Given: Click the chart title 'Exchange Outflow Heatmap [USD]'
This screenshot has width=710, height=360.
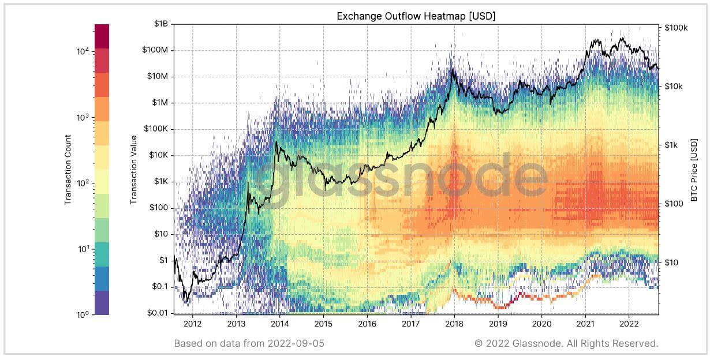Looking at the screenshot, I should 416,16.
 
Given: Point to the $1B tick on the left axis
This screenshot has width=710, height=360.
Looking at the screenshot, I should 160,24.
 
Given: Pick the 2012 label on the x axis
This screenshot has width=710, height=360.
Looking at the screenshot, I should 192,325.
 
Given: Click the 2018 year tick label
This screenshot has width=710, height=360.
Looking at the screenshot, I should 454,325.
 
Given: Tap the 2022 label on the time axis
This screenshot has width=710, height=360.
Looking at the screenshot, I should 630,325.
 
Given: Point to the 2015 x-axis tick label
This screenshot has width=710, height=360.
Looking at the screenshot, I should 323,325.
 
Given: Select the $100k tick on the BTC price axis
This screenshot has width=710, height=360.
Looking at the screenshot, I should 677,28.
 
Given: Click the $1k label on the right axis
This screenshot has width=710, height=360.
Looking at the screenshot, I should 672,145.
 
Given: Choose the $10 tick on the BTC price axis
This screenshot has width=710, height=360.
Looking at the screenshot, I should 672,262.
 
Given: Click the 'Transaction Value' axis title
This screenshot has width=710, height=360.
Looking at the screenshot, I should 133,170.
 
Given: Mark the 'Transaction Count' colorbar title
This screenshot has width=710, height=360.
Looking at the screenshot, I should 68,170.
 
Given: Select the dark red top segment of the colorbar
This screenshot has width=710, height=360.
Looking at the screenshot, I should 102,36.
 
